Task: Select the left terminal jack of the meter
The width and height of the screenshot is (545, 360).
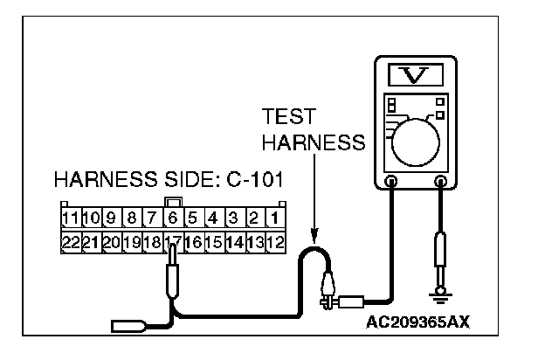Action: (x=392, y=182)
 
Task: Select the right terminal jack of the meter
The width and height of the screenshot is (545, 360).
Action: (x=441, y=182)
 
